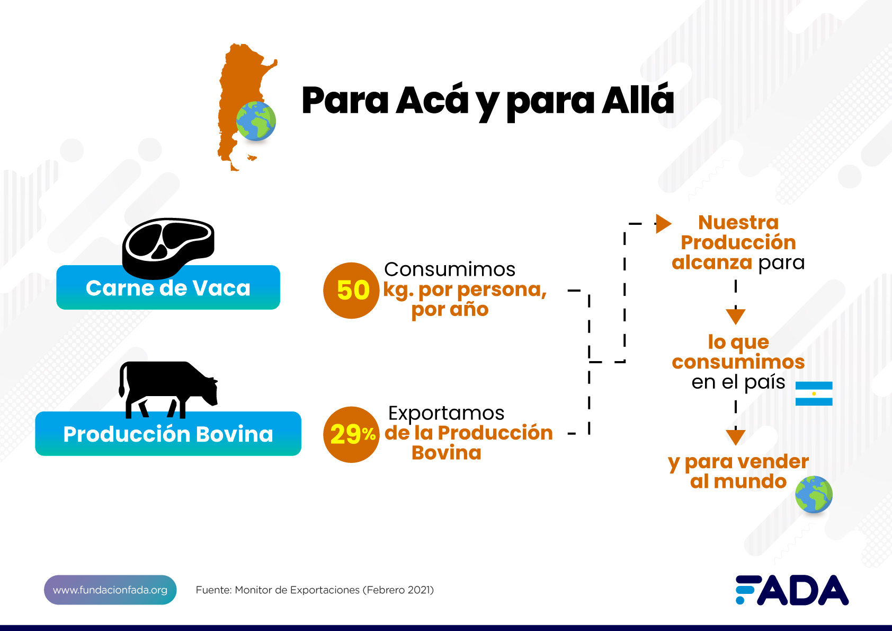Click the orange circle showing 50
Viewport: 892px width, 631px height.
(x=351, y=290)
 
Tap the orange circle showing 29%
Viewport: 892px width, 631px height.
(x=351, y=434)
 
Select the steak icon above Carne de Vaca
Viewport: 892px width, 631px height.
(x=168, y=248)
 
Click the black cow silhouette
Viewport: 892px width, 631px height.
(x=168, y=390)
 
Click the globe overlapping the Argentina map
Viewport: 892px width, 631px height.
(x=256, y=121)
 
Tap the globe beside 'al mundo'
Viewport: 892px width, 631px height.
(x=814, y=494)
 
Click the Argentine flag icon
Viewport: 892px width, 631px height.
(x=814, y=393)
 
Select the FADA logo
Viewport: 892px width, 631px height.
(x=792, y=590)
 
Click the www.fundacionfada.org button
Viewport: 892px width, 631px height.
(x=110, y=590)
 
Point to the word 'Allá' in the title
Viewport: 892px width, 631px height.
(x=638, y=100)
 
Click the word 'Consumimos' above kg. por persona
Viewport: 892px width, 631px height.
(x=450, y=269)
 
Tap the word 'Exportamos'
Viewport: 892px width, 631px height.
(x=447, y=413)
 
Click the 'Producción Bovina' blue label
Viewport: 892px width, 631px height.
(x=168, y=434)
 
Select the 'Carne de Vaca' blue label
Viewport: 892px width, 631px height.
(x=168, y=287)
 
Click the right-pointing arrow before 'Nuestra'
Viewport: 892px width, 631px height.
(x=663, y=224)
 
